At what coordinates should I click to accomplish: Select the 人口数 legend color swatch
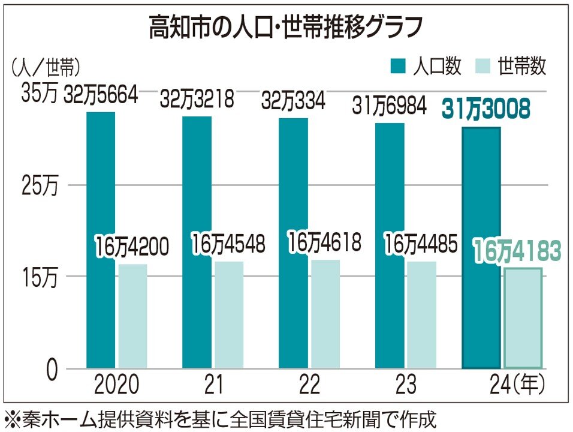click(399, 66)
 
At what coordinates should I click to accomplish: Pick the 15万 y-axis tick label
click(39, 277)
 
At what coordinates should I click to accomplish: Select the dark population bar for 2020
click(101, 240)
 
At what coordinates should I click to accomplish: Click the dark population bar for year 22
click(294, 243)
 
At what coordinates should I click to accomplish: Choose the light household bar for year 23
click(422, 315)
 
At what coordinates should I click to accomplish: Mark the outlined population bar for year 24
click(481, 247)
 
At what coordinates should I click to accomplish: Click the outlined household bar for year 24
click(523, 318)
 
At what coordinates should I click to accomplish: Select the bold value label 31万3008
click(486, 110)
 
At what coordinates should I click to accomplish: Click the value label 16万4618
click(324, 244)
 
